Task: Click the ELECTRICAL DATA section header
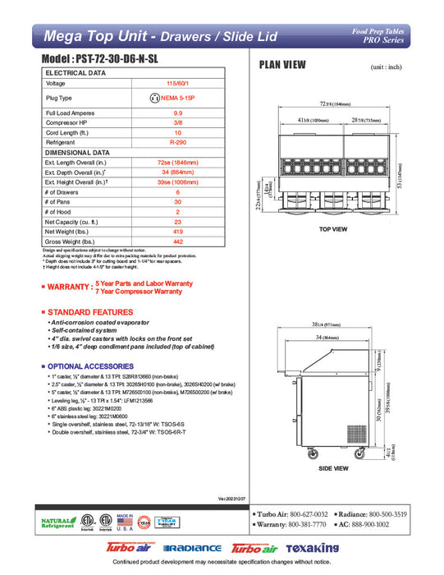tap(75, 72)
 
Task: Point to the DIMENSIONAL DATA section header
tap(78, 153)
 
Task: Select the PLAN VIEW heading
tap(283, 66)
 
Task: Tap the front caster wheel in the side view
tap(312, 454)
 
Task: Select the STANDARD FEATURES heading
tap(90, 313)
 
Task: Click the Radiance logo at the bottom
tap(192, 548)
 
